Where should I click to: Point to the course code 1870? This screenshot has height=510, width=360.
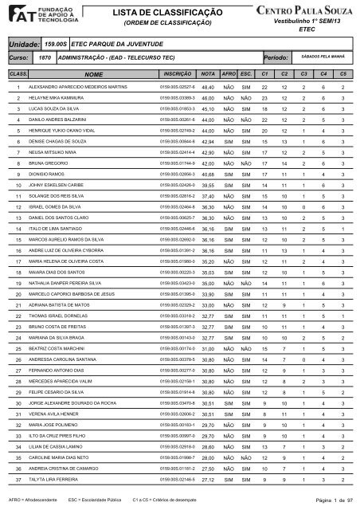[x=46, y=59]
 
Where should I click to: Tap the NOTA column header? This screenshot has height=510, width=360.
[x=209, y=73]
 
